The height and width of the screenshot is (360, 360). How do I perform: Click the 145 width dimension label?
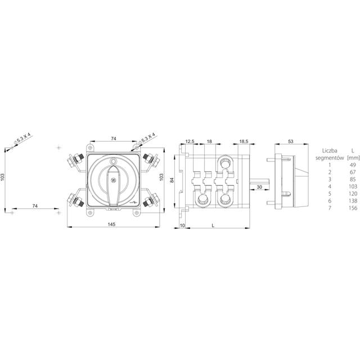click(111, 224)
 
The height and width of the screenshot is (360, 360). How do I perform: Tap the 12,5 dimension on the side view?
click(190, 141)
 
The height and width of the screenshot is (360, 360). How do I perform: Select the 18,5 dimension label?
click(244, 141)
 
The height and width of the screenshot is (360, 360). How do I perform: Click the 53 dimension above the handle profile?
click(291, 141)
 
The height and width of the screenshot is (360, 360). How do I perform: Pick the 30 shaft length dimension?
click(259, 187)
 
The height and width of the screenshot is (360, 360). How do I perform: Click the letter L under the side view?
click(213, 226)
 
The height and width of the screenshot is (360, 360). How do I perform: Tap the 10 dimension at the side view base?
click(182, 226)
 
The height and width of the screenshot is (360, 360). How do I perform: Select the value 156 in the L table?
click(353, 208)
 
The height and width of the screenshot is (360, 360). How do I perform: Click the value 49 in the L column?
click(353, 165)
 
